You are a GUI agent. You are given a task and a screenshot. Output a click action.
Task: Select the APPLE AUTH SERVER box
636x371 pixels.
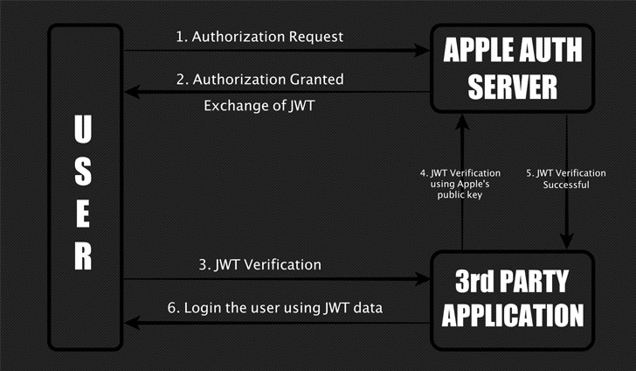pos(510,69)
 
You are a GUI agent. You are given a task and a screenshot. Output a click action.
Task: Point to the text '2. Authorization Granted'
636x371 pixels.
pos(259,79)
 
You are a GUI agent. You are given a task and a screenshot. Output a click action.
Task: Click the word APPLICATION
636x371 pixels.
pos(511,313)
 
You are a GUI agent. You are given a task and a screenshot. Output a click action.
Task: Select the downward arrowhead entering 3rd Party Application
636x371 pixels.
pos(568,242)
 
